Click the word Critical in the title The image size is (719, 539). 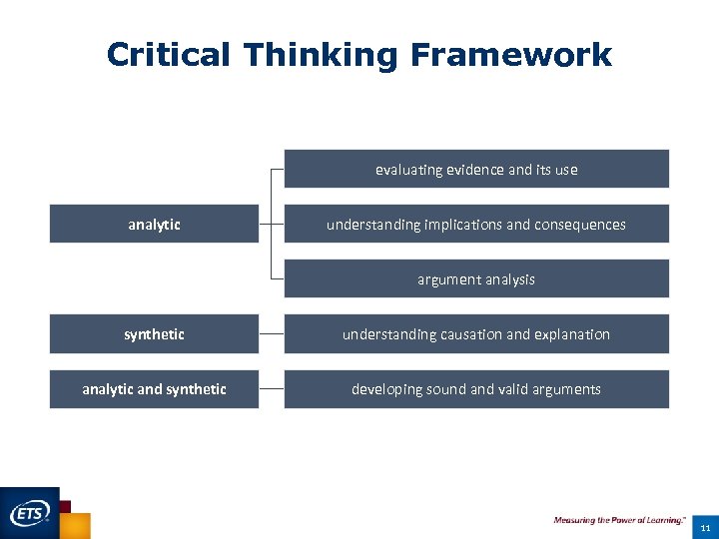(168, 55)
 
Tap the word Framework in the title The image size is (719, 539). (510, 55)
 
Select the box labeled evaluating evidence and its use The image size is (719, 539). (476, 169)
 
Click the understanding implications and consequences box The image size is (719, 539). (476, 225)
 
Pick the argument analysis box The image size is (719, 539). (476, 279)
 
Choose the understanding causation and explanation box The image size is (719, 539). (476, 334)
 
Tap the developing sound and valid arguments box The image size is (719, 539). (476, 389)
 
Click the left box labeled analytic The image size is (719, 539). (154, 225)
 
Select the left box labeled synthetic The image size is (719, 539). (154, 334)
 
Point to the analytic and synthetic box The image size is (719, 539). (154, 389)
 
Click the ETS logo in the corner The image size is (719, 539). (30, 514)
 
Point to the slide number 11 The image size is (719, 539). (705, 527)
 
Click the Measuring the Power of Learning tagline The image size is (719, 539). (619, 520)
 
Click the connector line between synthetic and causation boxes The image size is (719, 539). (271, 334)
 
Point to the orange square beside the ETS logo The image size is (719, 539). (76, 526)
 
